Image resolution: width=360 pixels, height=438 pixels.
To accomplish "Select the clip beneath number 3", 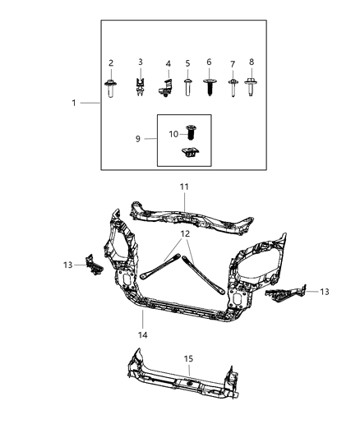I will (x=141, y=85).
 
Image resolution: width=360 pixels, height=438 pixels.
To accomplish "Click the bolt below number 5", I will (x=187, y=87).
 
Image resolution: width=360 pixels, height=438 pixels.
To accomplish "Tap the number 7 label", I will (x=232, y=63).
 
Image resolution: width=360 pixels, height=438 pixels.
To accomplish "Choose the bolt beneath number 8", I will (x=252, y=85).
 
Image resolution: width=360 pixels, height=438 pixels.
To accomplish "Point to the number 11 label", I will (x=184, y=188).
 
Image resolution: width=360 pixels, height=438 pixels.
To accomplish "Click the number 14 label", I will (x=142, y=335).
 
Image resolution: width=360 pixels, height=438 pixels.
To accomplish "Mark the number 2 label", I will (x=111, y=62).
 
